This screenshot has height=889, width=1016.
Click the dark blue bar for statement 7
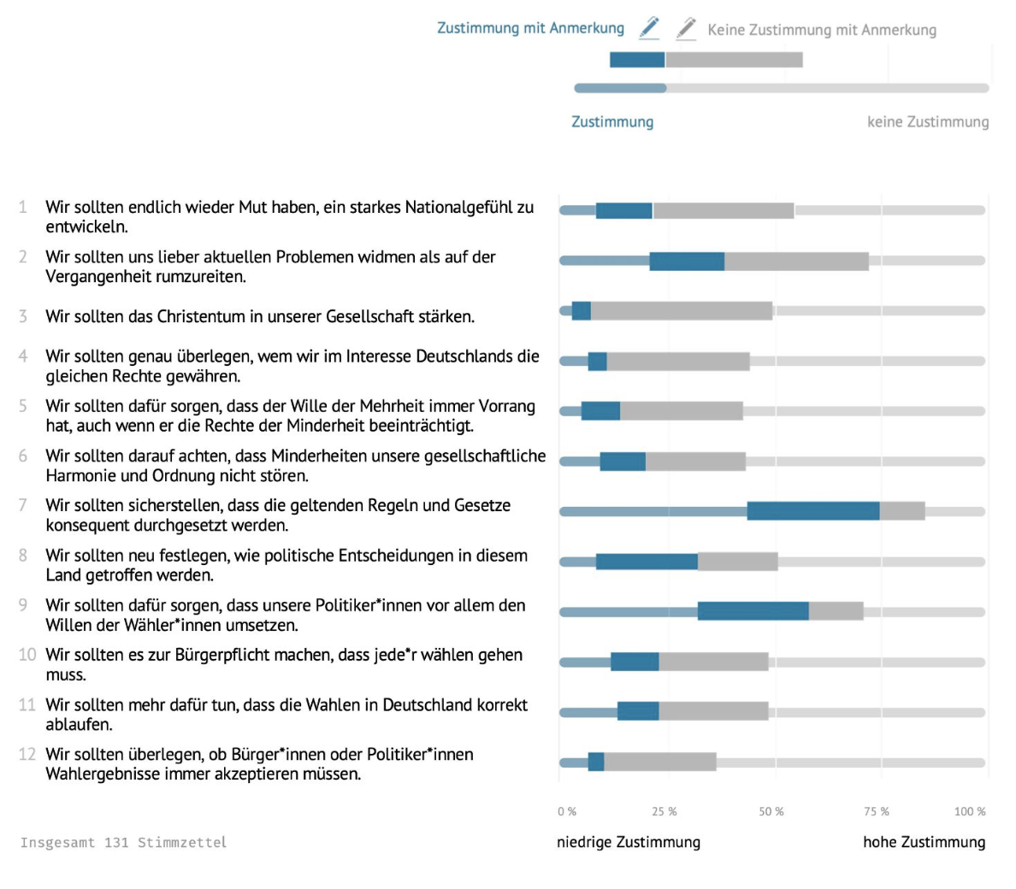click(813, 511)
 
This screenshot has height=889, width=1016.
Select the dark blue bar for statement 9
click(753, 611)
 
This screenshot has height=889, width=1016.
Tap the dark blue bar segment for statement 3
click(582, 311)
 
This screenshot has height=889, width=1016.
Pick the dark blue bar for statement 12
click(596, 762)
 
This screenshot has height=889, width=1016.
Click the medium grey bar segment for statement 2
click(796, 261)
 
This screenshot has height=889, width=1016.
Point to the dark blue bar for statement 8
click(647, 562)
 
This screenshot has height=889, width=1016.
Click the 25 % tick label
click(665, 811)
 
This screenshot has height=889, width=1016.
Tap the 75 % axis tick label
click(877, 811)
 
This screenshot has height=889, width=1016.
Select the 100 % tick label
click(970, 811)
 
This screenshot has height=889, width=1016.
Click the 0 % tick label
click(567, 811)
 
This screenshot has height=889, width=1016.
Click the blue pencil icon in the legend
click(649, 28)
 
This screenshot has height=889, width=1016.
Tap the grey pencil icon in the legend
click(686, 29)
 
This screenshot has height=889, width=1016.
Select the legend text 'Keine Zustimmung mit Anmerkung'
click(822, 30)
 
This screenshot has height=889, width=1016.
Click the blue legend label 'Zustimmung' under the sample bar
click(612, 121)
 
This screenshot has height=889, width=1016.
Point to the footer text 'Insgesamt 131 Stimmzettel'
click(123, 842)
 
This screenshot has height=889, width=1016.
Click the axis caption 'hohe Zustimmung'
click(924, 842)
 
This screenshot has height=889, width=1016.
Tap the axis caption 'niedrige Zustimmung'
click(629, 842)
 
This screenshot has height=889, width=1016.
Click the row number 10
click(27, 655)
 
